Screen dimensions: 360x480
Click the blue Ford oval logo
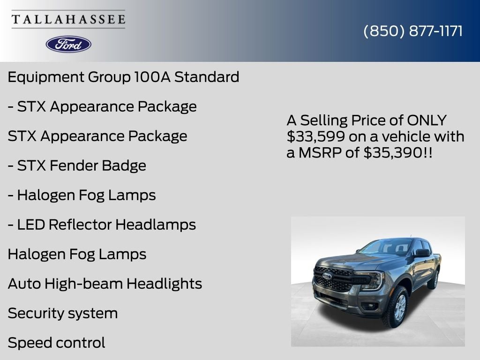pyautogui.click(x=68, y=44)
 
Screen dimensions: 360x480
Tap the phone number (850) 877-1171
pyautogui.click(x=413, y=31)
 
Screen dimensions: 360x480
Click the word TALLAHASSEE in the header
pyautogui.click(x=68, y=20)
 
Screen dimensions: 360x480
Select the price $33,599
pyautogui.click(x=309, y=136)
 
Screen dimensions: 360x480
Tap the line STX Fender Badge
pyautogui.click(x=77, y=165)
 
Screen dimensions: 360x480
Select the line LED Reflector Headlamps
pyautogui.click(x=102, y=225)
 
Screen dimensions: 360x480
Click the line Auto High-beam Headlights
pyautogui.click(x=105, y=284)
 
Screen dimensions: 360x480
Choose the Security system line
pyautogui.click(x=63, y=313)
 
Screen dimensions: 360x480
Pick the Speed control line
pyautogui.click(x=57, y=343)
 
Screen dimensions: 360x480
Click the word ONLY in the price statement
pyautogui.click(x=427, y=120)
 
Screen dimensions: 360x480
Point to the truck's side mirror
pyautogui.click(x=421, y=253)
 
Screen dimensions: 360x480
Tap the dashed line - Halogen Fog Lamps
pyautogui.click(x=82, y=195)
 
